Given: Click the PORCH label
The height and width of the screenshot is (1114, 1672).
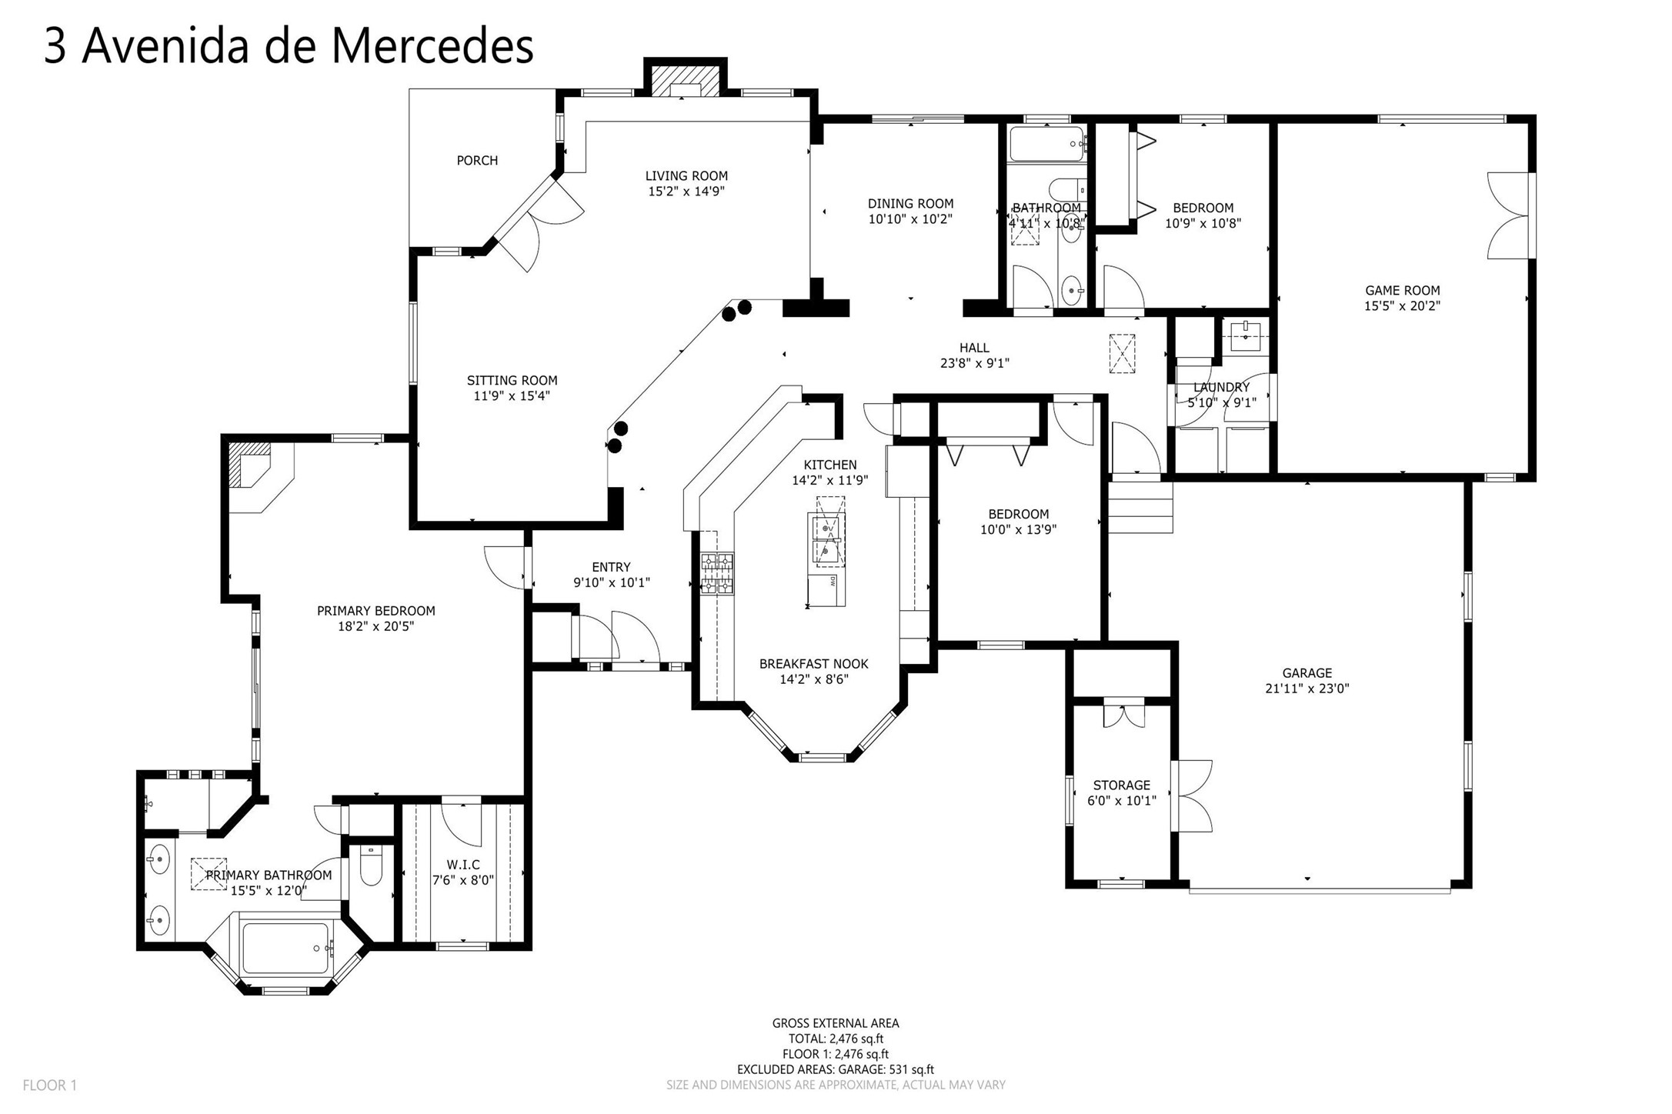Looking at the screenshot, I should click(477, 161).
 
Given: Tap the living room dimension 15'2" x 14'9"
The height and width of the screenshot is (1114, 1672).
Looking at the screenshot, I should click(686, 192).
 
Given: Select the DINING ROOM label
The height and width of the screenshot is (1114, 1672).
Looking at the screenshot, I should click(910, 204).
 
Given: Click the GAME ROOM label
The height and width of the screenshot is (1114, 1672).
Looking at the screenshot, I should click(1402, 291).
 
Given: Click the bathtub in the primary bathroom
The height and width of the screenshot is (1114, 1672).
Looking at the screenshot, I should click(286, 948).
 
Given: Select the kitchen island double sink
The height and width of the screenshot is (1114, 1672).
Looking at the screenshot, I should click(827, 539).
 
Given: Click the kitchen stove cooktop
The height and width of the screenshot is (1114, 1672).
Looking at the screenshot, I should click(716, 574).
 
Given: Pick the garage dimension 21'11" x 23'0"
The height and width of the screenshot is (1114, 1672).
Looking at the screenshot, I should click(1307, 689).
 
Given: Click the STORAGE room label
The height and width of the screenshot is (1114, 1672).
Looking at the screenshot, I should click(1121, 785).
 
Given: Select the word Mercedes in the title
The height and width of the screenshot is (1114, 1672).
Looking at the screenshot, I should click(432, 46).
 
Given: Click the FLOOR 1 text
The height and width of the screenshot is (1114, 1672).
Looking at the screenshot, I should click(50, 1086).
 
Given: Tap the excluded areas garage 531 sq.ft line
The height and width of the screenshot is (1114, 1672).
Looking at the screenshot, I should click(835, 1069).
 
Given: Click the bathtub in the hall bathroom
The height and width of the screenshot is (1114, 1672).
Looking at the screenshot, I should click(1046, 144).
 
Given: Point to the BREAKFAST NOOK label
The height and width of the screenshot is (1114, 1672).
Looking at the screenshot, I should click(813, 664).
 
